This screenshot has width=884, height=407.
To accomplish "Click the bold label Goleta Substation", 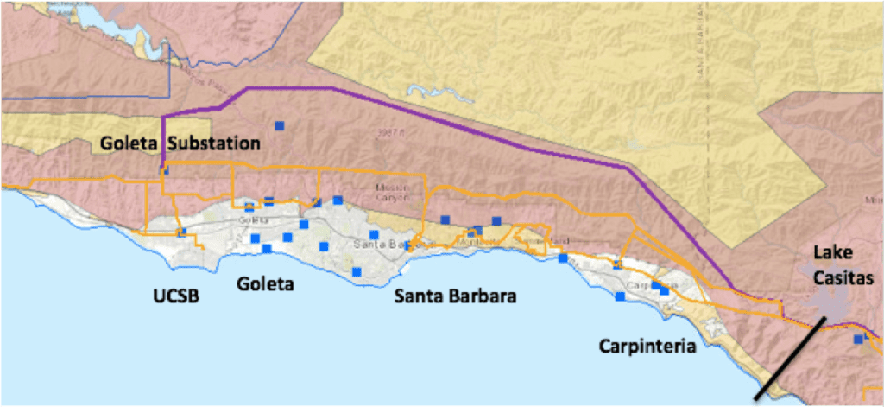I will [x=180, y=143].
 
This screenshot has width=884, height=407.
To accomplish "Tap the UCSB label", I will [x=177, y=296].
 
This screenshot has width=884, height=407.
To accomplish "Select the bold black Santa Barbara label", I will [x=455, y=296].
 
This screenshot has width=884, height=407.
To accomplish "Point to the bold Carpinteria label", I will [x=647, y=346].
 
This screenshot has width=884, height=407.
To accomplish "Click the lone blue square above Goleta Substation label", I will [x=280, y=126].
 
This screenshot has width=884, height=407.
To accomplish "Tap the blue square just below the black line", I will [x=857, y=340].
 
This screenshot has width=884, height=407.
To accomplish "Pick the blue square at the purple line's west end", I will [x=164, y=171].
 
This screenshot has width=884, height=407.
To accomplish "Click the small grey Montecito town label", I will [x=466, y=241].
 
